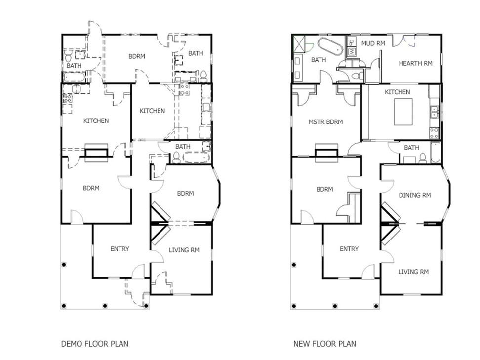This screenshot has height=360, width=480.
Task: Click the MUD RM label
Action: (x=373, y=44)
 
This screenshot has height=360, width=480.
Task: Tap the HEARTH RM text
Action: (x=415, y=63)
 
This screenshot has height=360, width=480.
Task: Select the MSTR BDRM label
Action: (x=325, y=122)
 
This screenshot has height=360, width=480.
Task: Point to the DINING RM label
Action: (x=415, y=195)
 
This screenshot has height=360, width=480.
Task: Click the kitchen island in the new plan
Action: (x=403, y=112)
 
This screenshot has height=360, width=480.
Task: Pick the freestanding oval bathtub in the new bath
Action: (x=330, y=46)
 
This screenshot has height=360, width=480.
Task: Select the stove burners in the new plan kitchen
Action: (x=434, y=133)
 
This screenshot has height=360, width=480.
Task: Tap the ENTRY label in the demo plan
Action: (x=120, y=249)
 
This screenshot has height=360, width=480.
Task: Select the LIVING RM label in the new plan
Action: (x=413, y=272)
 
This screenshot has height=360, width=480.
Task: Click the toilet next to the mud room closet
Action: (x=355, y=76)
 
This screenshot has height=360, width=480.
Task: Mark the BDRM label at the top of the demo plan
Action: (x=136, y=56)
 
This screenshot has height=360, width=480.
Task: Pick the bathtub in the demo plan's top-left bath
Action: (x=74, y=77)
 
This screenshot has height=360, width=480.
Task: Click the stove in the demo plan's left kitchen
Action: (x=67, y=98)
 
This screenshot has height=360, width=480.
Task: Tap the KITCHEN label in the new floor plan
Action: (x=398, y=92)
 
